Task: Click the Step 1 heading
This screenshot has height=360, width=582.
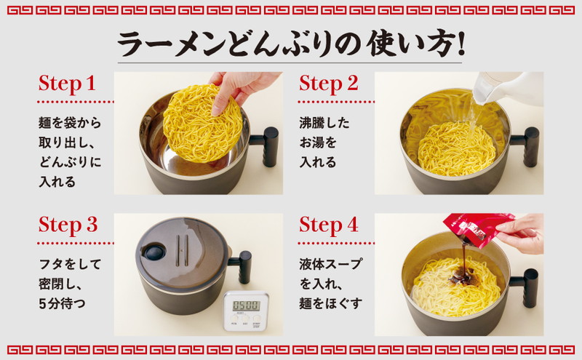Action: [x=67, y=84]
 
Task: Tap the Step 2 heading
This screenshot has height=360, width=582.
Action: [x=329, y=84]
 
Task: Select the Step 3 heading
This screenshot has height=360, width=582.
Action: [x=68, y=225]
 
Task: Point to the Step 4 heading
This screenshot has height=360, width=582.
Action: [x=329, y=225]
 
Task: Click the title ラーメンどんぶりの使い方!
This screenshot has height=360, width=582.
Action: [x=291, y=43]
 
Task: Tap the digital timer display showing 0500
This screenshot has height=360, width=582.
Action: [x=246, y=305]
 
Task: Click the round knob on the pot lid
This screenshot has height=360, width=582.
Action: [x=155, y=252]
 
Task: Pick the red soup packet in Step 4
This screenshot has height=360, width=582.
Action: [x=479, y=229]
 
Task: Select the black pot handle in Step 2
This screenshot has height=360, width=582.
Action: [x=526, y=146]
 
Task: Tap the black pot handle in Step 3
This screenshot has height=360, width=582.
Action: [x=241, y=266]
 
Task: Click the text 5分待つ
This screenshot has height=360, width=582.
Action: [x=63, y=304]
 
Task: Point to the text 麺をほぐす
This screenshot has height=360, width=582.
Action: [x=330, y=304]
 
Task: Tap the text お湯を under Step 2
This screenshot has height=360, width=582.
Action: [x=318, y=143]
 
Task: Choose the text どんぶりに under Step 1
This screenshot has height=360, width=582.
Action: [x=70, y=162]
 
